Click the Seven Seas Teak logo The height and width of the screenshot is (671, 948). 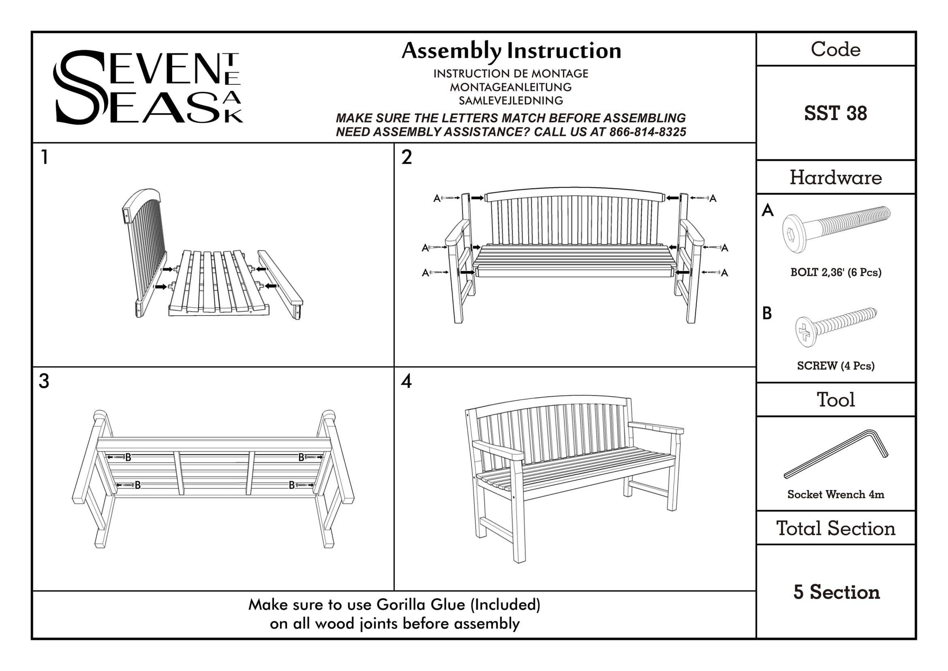coord(148,87)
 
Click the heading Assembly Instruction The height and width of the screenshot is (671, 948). coord(511,51)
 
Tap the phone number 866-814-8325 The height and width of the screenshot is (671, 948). coord(648,132)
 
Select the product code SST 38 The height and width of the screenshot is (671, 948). coord(835,113)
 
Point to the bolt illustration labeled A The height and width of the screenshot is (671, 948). coord(836,229)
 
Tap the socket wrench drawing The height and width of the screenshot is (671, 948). coord(836,454)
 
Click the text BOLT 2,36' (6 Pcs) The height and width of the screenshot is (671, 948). coord(836,272)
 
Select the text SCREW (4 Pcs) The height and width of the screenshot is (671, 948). coord(836,366)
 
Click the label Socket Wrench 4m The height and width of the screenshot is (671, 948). coord(836,494)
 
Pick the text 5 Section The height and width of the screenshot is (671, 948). coord(836,592)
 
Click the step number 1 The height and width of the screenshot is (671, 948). coord(44,158)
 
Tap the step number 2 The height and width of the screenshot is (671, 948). coord(406,158)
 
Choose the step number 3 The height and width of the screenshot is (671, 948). coord(44,381)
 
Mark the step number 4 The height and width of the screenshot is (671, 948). coord(406,381)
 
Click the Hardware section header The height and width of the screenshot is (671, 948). coord(836,177)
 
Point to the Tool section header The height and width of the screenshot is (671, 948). coord(836,399)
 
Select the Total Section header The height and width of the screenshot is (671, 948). coord(836,528)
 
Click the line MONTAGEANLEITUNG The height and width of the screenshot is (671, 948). coord(511,87)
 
